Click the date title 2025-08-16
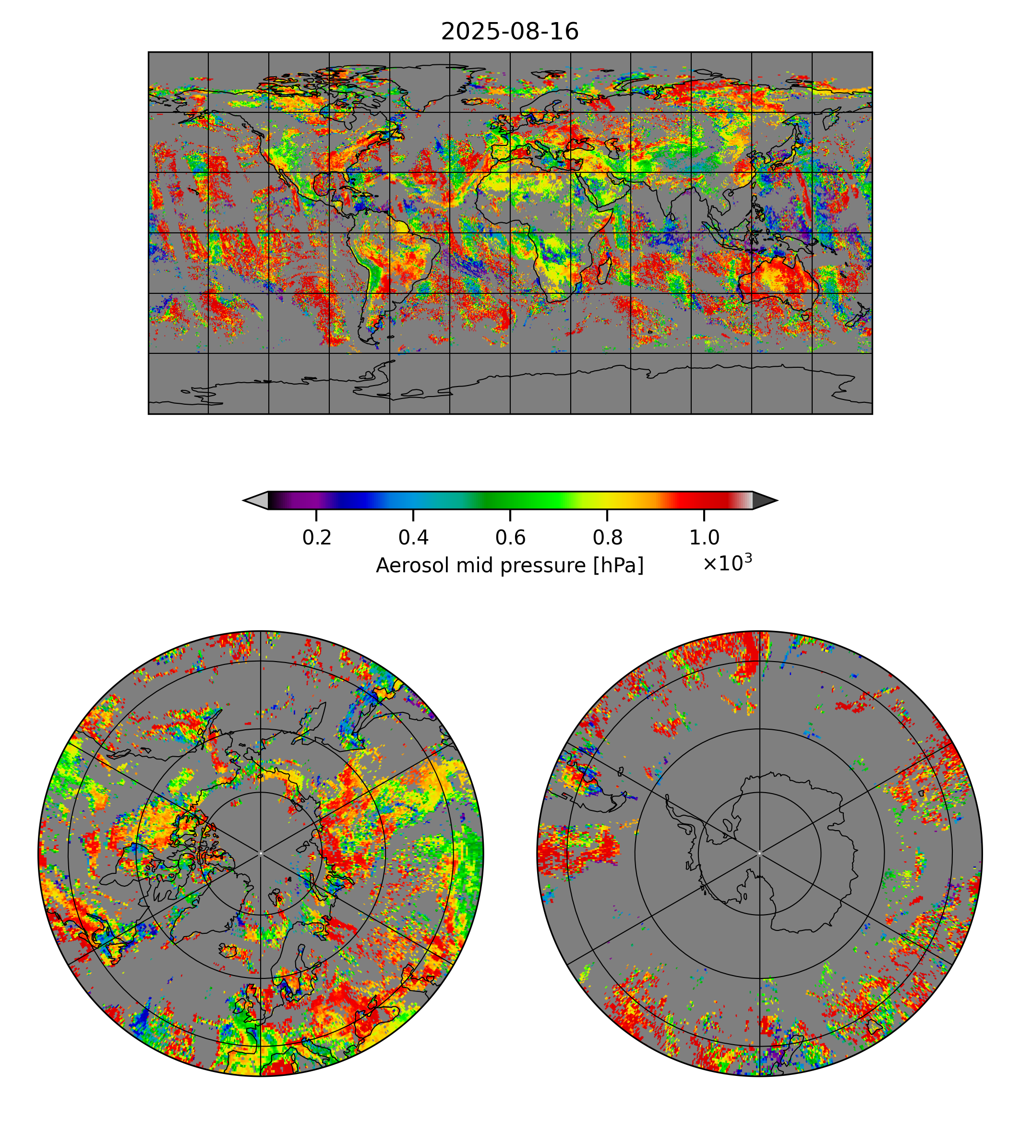(x=509, y=32)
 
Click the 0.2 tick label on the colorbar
(x=317, y=538)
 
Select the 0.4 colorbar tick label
(x=413, y=538)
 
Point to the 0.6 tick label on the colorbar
(x=510, y=538)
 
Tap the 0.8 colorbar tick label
(x=607, y=538)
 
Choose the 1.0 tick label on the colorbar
(x=704, y=538)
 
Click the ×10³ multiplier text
(x=727, y=563)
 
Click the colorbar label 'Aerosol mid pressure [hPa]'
(x=509, y=566)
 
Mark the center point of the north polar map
(x=261, y=854)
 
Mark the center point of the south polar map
(x=759, y=854)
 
